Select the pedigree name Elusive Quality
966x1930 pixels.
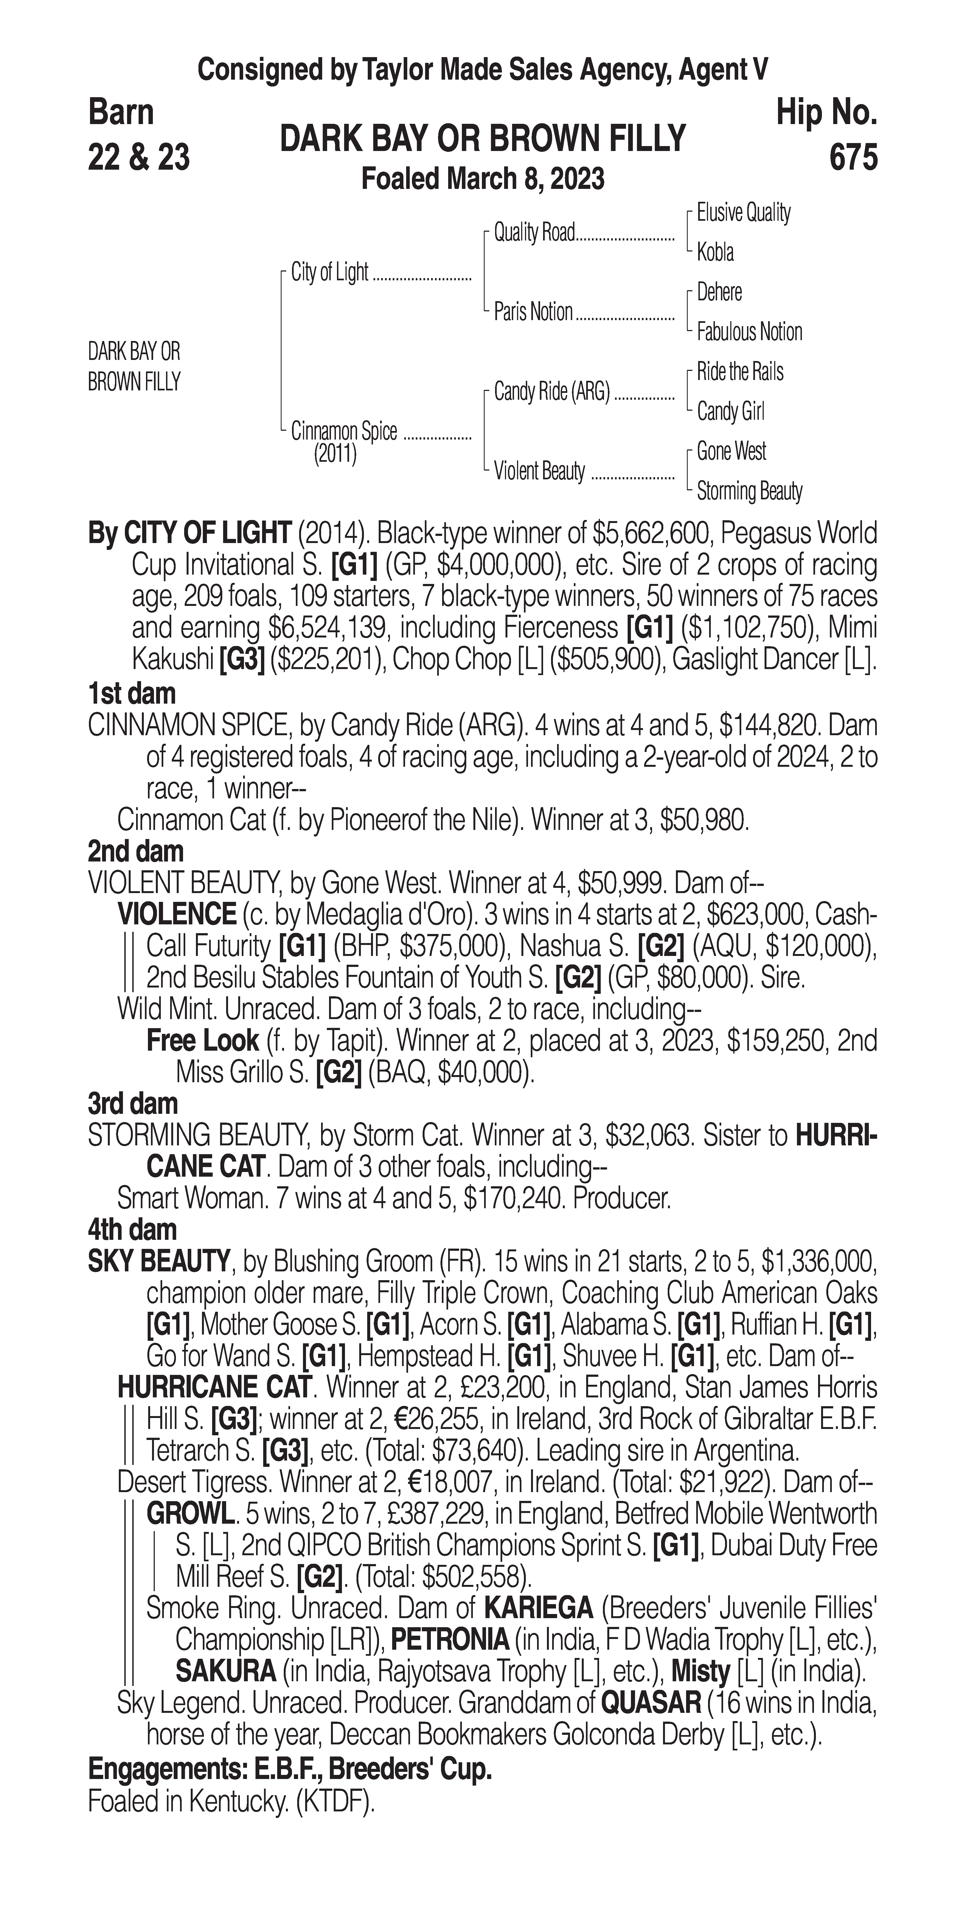coord(743,213)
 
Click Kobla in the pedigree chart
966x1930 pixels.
coord(715,253)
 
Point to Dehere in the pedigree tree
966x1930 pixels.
coord(719,292)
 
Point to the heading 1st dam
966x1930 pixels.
coord(132,694)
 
